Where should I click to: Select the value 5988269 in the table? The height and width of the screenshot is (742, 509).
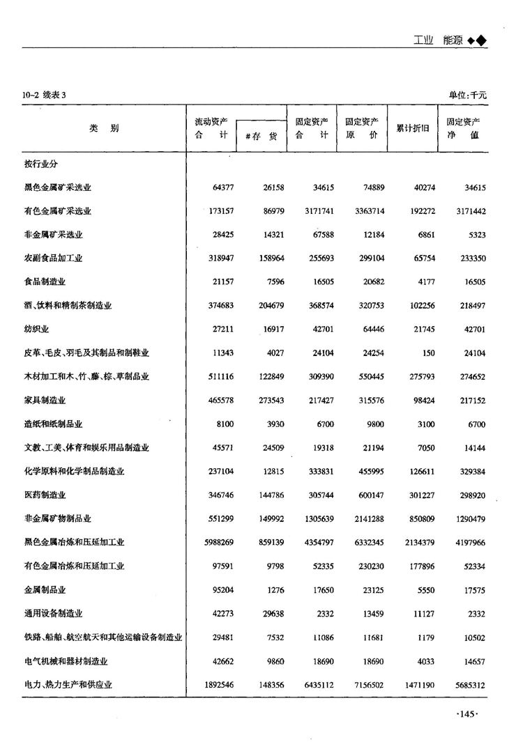(x=215, y=542)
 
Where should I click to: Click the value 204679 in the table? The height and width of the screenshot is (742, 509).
(x=265, y=306)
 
